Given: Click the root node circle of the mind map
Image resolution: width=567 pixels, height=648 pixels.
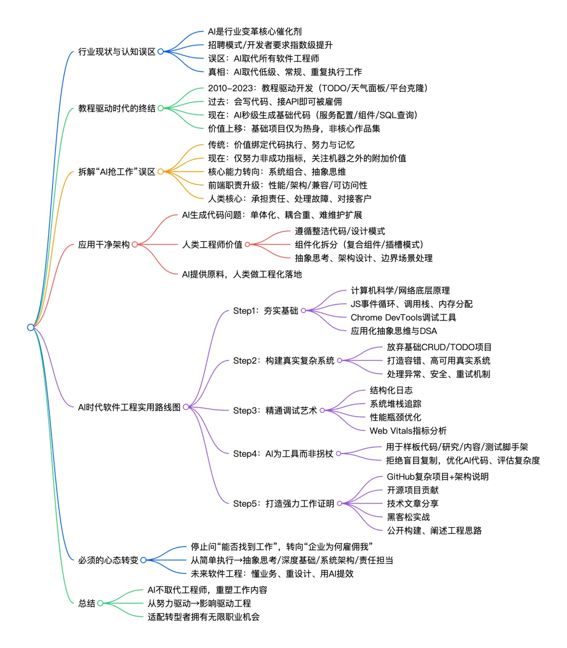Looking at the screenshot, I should pos(30,327).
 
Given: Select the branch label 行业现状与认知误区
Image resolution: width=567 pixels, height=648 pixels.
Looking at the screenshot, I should pos(117,52).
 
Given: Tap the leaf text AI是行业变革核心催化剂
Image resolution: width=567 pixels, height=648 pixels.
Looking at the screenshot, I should pos(255,32).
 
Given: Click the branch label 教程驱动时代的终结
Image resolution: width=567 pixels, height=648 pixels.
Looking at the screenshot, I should pos(117,108).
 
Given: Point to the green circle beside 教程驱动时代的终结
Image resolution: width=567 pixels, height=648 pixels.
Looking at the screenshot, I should pos(161,108).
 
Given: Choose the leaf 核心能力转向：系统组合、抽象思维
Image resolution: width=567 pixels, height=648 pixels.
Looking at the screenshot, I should pos(277,172).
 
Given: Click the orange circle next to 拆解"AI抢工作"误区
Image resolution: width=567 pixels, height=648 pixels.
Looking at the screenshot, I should pos(161,171).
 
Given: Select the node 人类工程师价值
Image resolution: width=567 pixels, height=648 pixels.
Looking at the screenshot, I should pos(212,244).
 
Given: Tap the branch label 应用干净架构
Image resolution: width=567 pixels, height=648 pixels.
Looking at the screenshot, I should pos(103,244).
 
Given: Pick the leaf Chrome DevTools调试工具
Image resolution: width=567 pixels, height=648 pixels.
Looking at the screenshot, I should pos(403,317).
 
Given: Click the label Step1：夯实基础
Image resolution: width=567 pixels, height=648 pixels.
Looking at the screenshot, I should pos(265,311).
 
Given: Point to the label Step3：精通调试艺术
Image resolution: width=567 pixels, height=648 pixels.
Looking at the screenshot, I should pos(275,410).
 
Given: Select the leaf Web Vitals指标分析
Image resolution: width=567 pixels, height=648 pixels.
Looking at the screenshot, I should pos(408,431).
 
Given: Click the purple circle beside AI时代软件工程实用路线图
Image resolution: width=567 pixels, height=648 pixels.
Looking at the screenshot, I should pos(186,407).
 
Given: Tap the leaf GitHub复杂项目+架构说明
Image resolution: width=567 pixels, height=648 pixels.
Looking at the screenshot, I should pos(437,477).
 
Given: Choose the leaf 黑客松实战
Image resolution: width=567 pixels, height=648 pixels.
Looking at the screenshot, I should pos(408,517).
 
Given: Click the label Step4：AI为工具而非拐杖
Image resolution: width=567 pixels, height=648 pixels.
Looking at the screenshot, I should pos(283,454).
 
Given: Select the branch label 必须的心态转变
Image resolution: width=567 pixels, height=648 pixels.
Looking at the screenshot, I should pos(108,560).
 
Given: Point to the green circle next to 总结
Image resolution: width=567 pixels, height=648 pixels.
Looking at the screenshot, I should pos(100,603).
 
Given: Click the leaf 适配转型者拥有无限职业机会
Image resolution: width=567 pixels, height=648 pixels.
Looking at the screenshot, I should pos(203,617).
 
